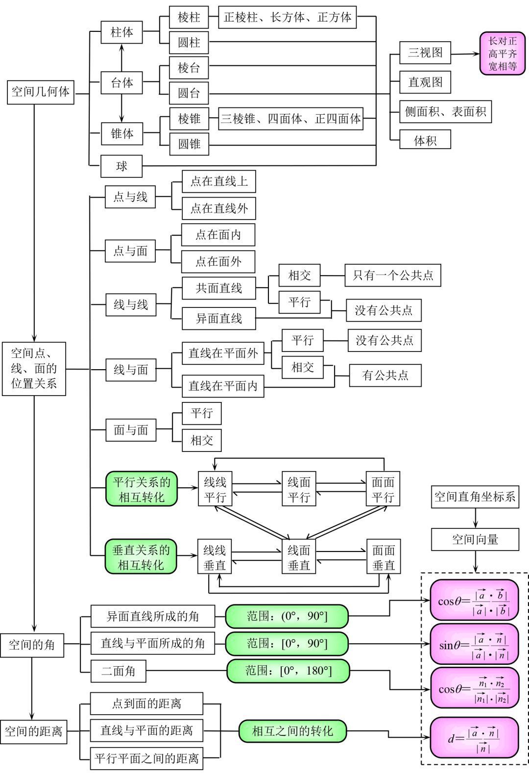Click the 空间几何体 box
coord(41,92)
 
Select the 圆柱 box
coord(189,42)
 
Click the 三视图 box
coord(425,52)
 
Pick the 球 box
coord(121,166)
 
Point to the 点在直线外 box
coord(218,208)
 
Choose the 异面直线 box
coord(218,319)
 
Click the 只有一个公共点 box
coord(393,275)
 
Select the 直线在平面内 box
coord(223,386)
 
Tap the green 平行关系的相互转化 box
coord(142,489)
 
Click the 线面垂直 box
coord(299,557)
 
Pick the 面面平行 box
coord(383,489)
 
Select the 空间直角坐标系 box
coord(475,497)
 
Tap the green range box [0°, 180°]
coord(288,671)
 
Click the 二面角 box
coord(119,671)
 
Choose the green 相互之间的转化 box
coord(292,731)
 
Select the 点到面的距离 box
coord(146,703)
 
